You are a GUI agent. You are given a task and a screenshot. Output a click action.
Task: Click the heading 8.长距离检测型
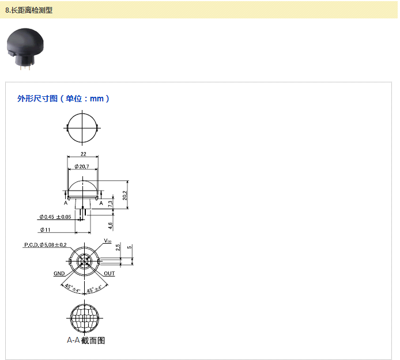coord(29,10)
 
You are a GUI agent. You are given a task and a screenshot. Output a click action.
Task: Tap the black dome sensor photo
coord(25,49)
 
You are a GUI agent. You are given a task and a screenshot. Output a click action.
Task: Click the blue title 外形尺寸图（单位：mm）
coord(63,98)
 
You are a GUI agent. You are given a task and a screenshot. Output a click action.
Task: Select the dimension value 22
coord(84,154)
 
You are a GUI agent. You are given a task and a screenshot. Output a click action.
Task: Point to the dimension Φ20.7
coord(82,166)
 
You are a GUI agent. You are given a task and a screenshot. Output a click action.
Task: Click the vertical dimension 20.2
coord(124,195)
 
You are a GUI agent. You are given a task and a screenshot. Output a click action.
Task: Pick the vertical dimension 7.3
coord(110,203)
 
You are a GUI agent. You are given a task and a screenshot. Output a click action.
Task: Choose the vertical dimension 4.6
coord(110,226)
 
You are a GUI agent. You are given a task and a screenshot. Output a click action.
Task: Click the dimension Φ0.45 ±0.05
coord(55,217)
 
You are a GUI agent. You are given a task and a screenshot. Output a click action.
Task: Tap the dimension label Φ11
coord(46,230)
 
